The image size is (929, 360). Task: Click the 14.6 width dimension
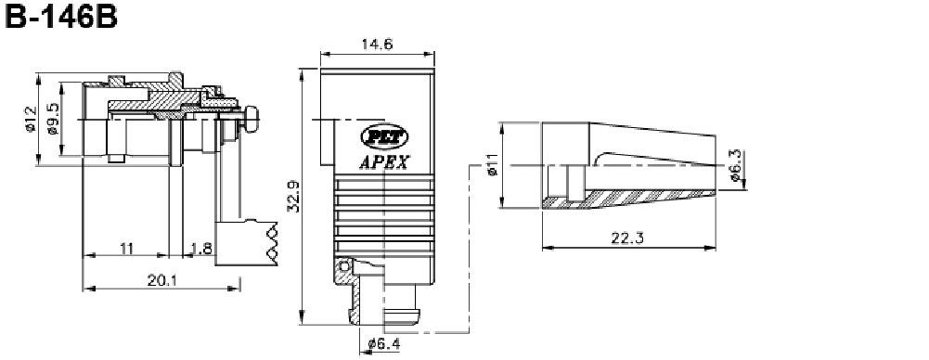click(x=378, y=44)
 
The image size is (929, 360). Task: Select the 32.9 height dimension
click(x=292, y=196)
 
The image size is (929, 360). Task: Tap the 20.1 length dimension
click(x=162, y=280)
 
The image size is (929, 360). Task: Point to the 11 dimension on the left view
click(x=126, y=248)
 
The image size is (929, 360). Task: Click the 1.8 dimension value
click(x=202, y=248)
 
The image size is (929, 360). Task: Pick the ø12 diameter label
click(x=31, y=119)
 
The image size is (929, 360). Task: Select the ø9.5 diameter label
click(x=53, y=119)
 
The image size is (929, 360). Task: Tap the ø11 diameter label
click(x=492, y=164)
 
